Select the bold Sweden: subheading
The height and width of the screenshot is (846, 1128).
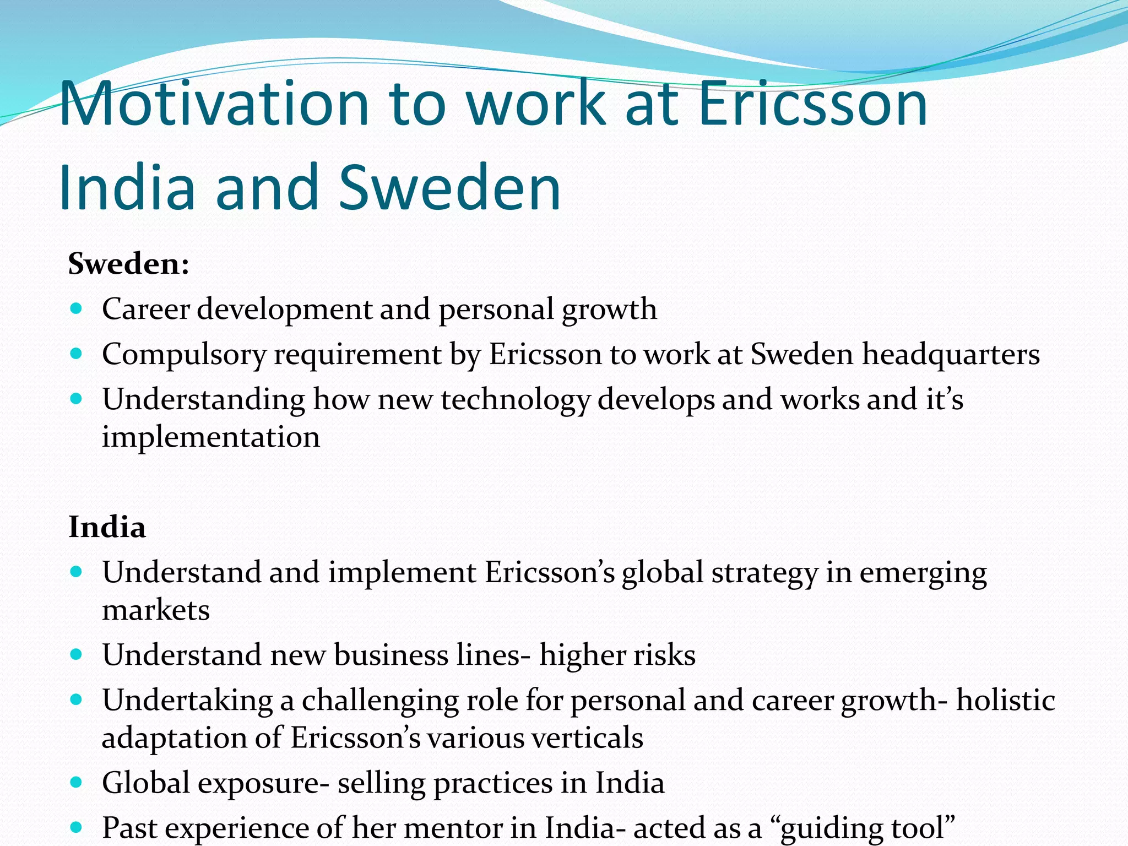click(129, 264)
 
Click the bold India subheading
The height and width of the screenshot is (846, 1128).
click(107, 527)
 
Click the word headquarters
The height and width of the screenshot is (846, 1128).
click(951, 355)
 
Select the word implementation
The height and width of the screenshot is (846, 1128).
click(210, 437)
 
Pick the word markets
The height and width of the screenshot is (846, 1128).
click(156, 610)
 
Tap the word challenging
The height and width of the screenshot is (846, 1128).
click(379, 701)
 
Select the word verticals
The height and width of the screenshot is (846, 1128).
click(589, 737)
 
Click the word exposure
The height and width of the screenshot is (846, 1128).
click(258, 783)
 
